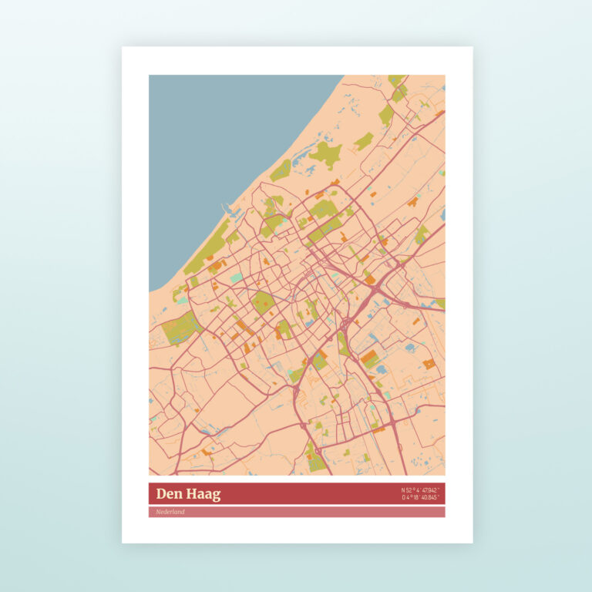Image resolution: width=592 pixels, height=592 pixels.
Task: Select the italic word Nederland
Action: click(x=170, y=512)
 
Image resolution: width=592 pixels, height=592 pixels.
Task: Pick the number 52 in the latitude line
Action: click(x=410, y=490)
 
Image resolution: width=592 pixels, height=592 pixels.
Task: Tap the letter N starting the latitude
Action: click(x=403, y=490)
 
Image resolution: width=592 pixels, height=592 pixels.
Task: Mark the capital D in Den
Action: click(x=160, y=494)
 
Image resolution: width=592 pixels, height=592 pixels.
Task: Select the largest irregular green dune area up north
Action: click(x=325, y=154)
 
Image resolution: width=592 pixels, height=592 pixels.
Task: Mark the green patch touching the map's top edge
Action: click(x=396, y=79)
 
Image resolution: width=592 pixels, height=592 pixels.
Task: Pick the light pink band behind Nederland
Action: click(x=308, y=512)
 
